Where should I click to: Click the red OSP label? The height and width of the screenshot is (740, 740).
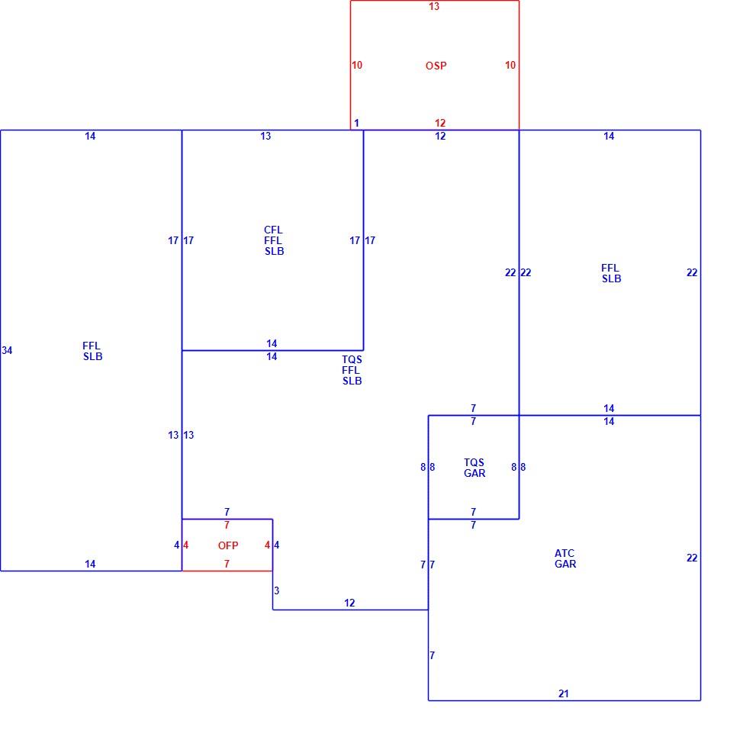(436, 66)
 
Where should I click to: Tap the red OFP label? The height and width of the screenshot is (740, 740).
(228, 545)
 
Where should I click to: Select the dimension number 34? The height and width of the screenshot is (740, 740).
(7, 350)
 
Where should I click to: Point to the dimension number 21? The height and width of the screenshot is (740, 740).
(564, 693)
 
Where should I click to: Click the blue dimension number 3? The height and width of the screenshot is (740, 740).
(277, 590)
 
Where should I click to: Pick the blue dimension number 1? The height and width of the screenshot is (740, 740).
(356, 123)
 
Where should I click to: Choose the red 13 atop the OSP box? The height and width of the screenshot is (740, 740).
(434, 6)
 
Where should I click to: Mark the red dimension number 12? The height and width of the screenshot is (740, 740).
(440, 123)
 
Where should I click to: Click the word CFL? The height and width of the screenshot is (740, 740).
(273, 230)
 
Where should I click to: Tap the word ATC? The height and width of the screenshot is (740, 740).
(565, 553)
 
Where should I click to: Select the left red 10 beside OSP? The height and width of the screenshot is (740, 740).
(357, 65)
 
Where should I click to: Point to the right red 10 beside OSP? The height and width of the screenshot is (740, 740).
(510, 65)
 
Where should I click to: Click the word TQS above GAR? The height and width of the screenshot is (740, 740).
(474, 462)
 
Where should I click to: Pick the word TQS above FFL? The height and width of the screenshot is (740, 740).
(352, 359)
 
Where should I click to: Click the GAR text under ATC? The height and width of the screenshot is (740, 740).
(565, 564)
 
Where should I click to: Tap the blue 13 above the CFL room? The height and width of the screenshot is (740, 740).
(265, 136)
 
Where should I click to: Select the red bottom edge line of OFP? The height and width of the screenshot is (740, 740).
(227, 571)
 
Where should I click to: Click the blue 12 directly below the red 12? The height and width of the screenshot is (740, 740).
(440, 136)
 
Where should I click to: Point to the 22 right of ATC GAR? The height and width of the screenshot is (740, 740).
(692, 558)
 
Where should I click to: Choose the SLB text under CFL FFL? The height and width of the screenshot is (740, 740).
(274, 252)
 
